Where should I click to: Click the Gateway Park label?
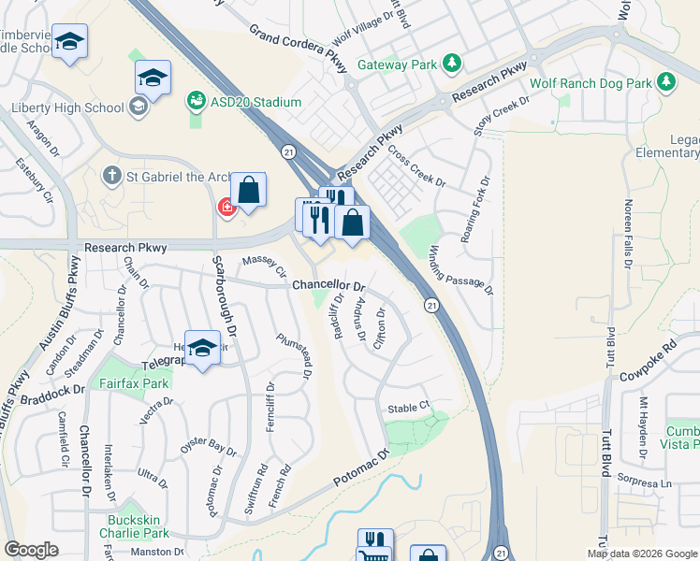396,65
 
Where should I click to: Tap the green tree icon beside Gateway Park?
452,63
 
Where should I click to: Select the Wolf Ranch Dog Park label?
590,83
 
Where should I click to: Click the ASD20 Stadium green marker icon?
197,99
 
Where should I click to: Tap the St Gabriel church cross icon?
111,175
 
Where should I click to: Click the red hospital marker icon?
225,207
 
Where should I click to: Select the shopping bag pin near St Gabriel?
249,190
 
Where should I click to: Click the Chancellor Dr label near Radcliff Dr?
328,285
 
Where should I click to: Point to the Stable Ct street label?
407,407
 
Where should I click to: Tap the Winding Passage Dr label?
460,271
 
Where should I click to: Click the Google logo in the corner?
31,549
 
